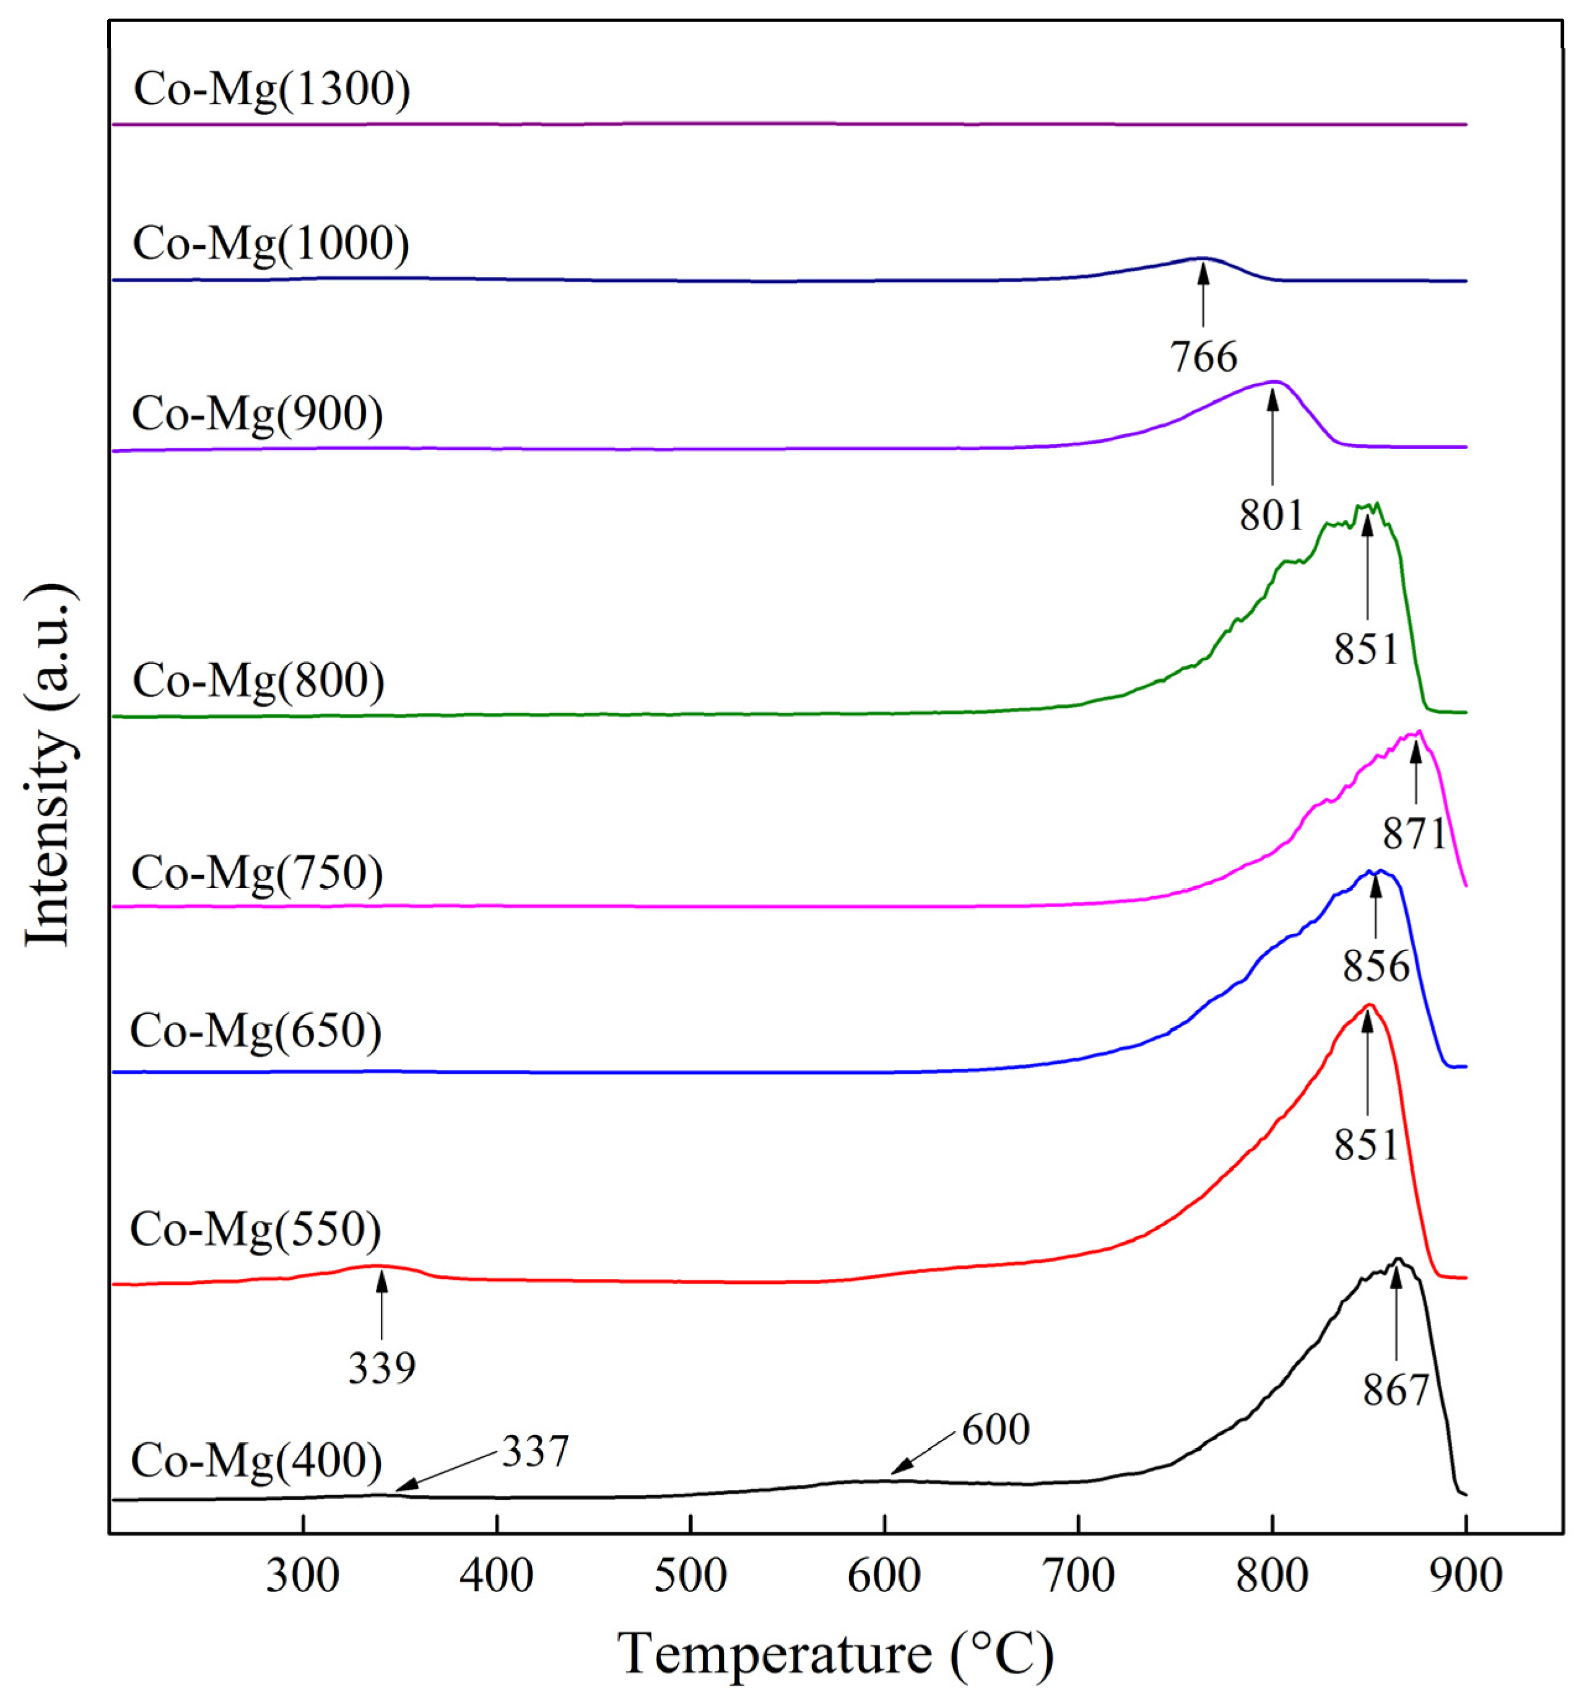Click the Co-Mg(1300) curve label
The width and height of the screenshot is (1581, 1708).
coord(272,90)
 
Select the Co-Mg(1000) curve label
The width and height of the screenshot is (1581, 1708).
coord(271,245)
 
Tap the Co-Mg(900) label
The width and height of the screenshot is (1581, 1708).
coord(258,415)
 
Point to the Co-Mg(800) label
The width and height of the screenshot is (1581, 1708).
coord(258,682)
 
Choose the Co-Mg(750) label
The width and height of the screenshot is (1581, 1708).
coord(258,874)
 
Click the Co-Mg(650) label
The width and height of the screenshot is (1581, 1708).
coord(256,1031)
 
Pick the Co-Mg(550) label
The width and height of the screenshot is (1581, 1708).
coord(256,1230)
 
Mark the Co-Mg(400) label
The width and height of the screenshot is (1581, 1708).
coord(256,1461)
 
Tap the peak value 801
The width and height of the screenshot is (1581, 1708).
coord(1271,515)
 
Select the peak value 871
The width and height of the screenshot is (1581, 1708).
coord(1414,834)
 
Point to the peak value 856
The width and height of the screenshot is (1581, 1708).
coord(1375,967)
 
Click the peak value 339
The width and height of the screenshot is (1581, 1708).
coord(381,1368)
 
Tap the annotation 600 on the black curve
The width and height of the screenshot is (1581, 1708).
coord(995,1430)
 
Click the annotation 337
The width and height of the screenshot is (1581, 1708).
coord(534,1452)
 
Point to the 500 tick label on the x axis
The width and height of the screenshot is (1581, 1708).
coord(690,1576)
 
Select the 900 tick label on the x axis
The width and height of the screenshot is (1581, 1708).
coord(1465,1576)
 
